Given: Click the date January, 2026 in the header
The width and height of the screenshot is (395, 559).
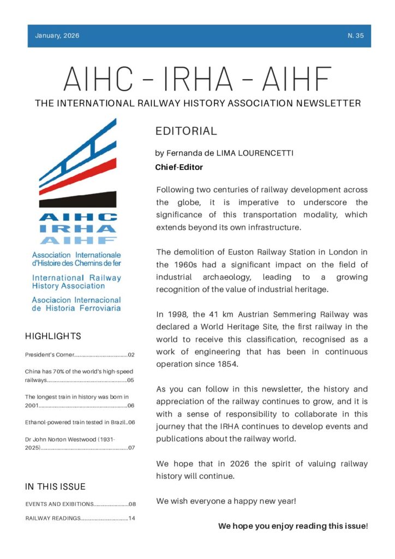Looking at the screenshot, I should (x=57, y=36).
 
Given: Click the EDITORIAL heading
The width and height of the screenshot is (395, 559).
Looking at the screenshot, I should (x=186, y=132).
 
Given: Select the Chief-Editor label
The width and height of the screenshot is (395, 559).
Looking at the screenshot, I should (x=179, y=168).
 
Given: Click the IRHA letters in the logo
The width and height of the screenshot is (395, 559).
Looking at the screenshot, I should (x=77, y=229).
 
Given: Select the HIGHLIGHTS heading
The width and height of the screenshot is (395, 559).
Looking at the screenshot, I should (x=53, y=336).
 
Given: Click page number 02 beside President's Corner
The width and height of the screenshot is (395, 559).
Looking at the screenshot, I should (x=131, y=355).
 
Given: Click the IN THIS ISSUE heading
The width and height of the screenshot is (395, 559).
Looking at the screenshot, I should (x=55, y=486).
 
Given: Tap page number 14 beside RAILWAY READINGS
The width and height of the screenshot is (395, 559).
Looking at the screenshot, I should (x=131, y=518).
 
